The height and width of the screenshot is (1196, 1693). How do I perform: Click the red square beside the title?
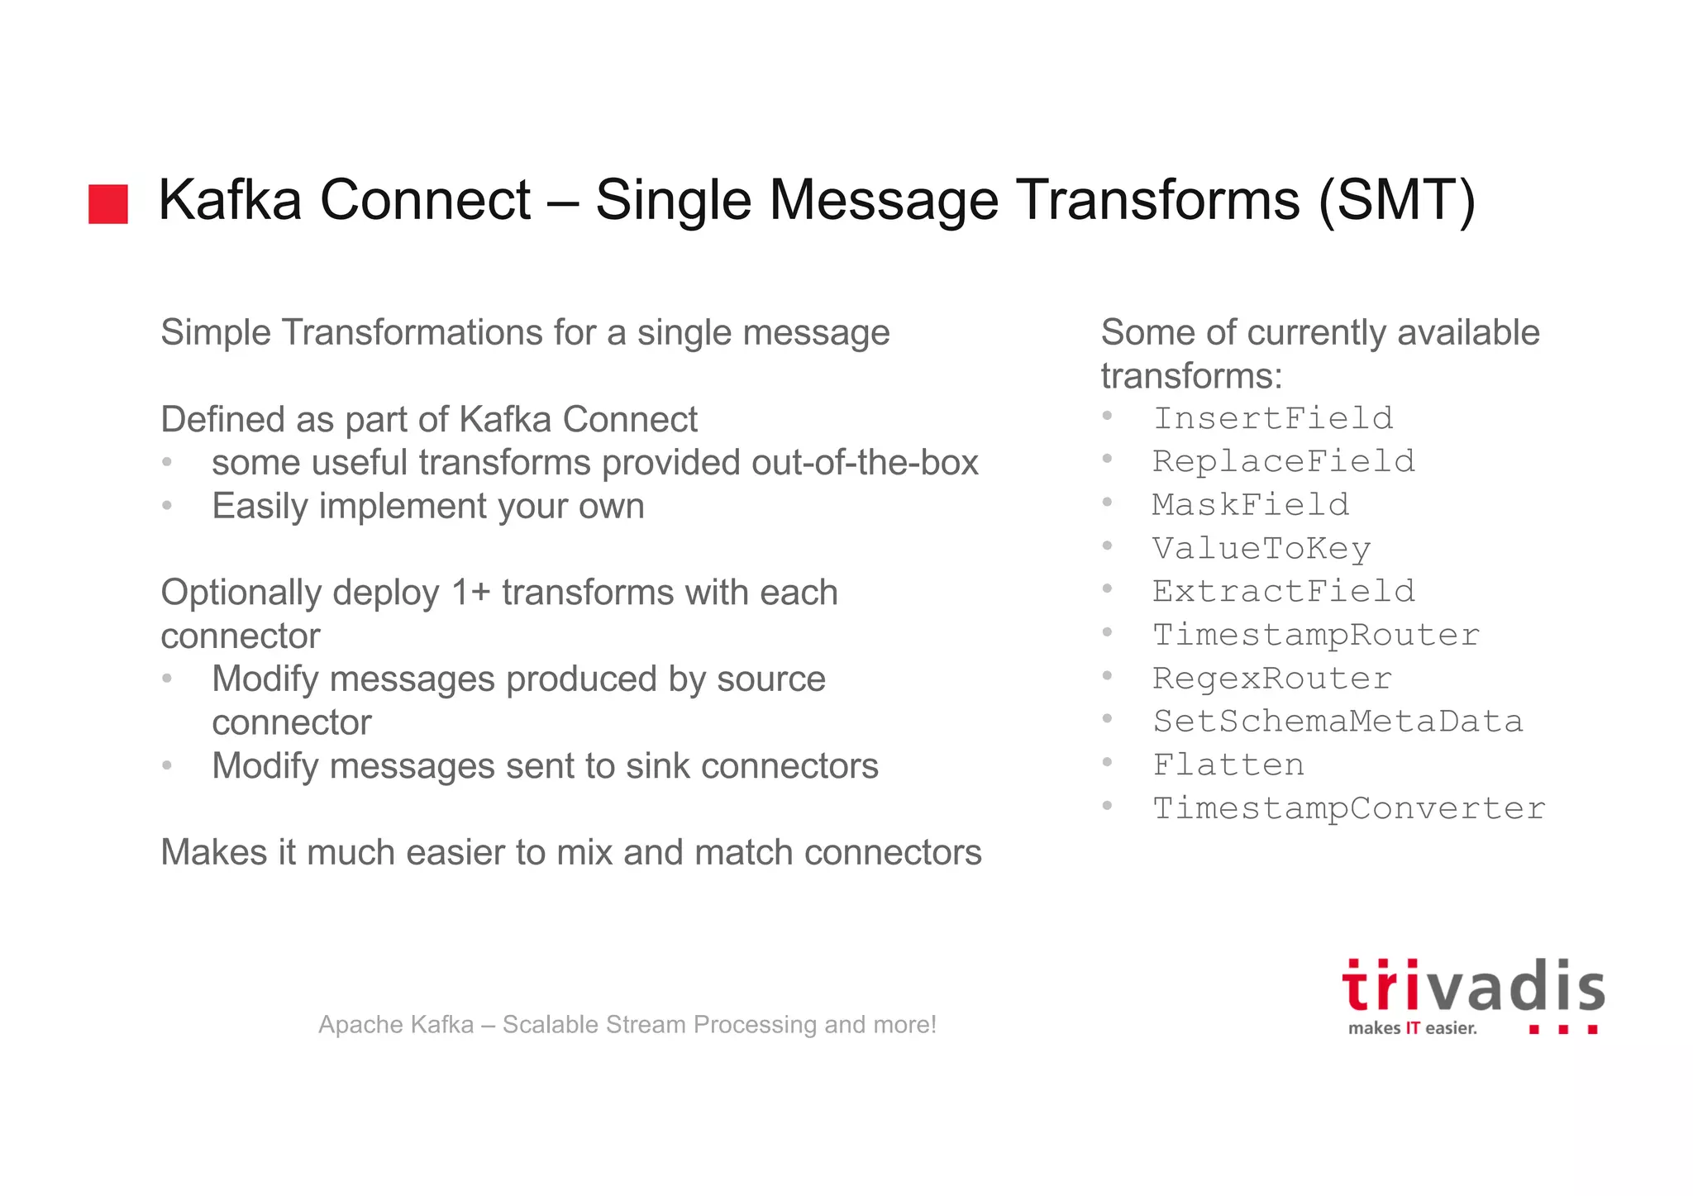click(x=108, y=204)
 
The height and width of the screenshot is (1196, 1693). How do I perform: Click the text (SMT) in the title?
click(x=1396, y=200)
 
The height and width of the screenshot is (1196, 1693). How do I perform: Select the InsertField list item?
click(x=1273, y=418)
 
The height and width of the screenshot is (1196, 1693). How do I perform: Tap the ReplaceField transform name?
click(x=1284, y=461)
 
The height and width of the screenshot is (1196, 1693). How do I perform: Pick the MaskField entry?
click(x=1251, y=505)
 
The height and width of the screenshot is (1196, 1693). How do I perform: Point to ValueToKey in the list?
click(x=1261, y=549)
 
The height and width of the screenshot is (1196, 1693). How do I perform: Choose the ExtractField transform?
click(x=1284, y=592)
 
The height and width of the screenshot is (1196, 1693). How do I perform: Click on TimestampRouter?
click(x=1316, y=635)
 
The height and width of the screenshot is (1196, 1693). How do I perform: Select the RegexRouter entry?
click(x=1272, y=679)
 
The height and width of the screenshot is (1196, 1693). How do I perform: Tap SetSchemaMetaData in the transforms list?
click(x=1338, y=722)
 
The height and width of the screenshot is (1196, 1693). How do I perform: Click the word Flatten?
click(x=1228, y=765)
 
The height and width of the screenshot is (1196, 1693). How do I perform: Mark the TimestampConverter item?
click(x=1348, y=808)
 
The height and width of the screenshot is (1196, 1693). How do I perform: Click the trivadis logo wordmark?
click(x=1473, y=987)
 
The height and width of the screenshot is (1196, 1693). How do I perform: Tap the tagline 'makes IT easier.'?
click(x=1412, y=1028)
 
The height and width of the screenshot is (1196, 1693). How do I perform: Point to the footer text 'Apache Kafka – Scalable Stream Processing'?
click(x=627, y=1025)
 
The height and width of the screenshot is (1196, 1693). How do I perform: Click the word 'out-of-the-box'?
click(x=865, y=463)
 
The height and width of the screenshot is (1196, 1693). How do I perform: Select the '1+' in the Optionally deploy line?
click(x=470, y=593)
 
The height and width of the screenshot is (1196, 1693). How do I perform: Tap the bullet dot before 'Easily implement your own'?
click(x=167, y=505)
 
